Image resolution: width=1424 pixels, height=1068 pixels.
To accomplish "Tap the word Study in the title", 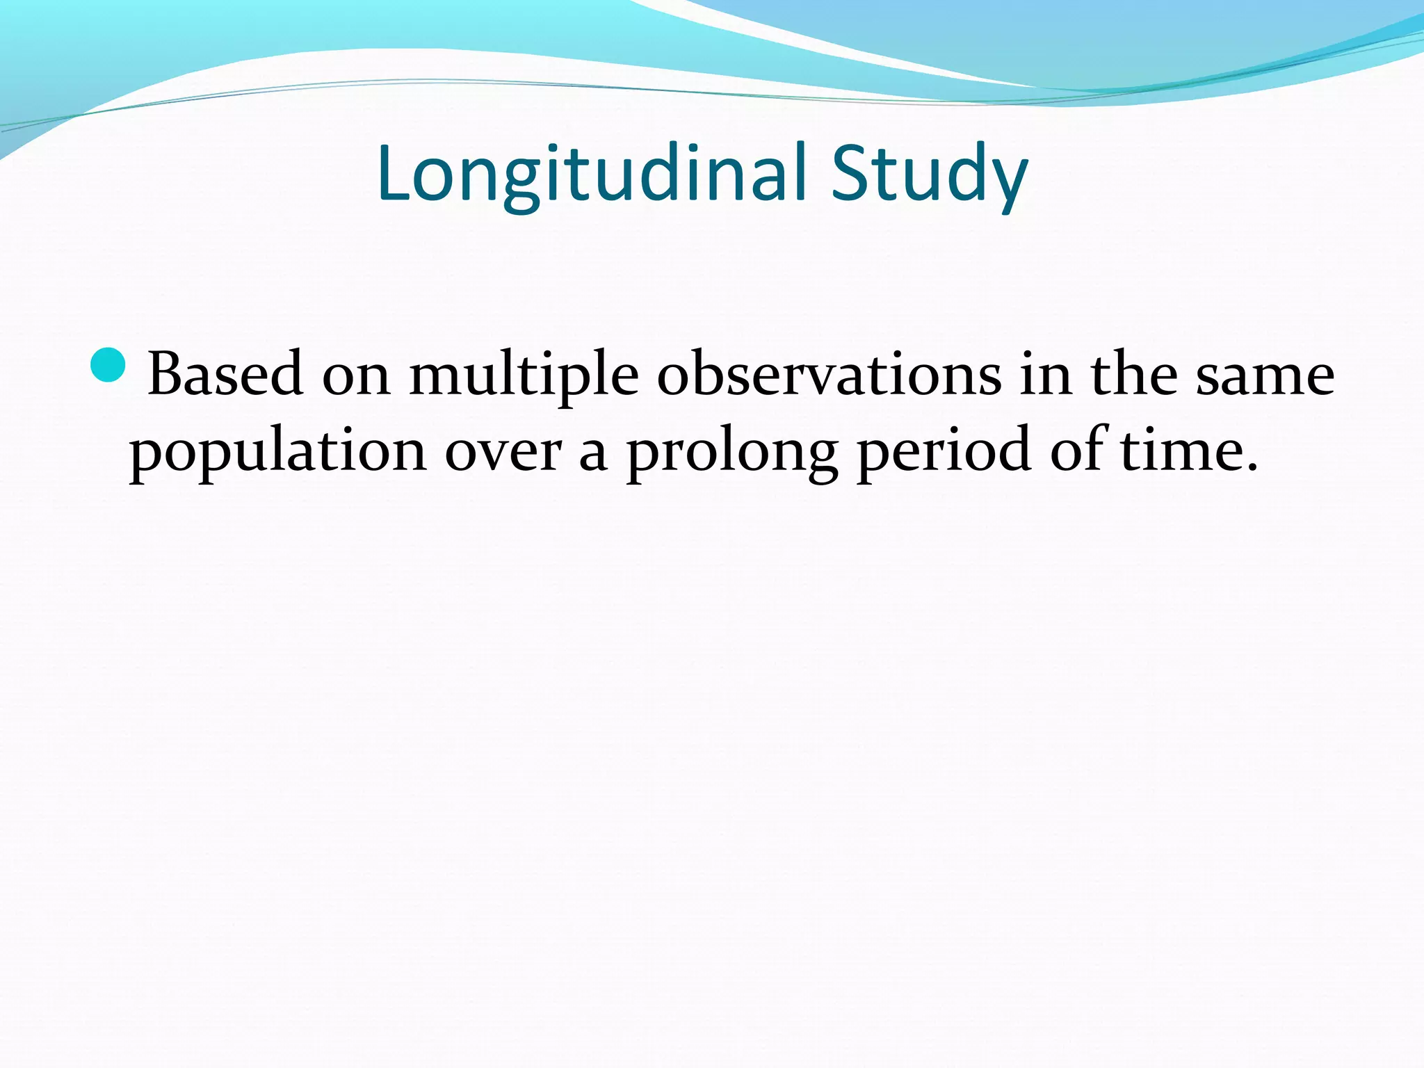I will [929, 174].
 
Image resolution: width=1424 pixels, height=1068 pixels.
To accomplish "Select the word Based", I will [225, 375].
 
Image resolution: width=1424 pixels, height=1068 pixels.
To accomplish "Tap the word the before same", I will [1133, 375].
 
